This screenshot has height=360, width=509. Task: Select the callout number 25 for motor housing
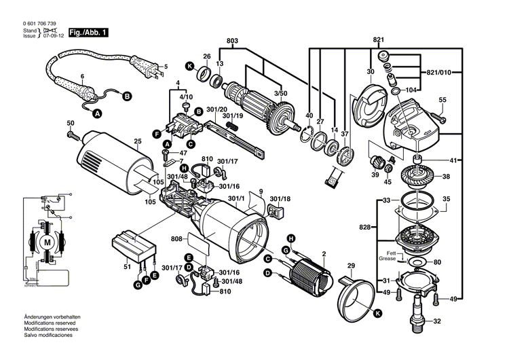point(137,142)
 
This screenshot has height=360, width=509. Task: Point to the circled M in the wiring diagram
point(47,242)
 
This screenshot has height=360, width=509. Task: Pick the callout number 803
point(233,42)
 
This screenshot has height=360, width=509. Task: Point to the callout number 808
point(176,239)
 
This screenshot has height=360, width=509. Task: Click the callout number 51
point(127,267)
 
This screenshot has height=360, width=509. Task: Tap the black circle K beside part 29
point(377,312)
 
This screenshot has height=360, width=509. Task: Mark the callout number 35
point(446,199)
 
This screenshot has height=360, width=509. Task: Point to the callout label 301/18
point(280,199)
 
